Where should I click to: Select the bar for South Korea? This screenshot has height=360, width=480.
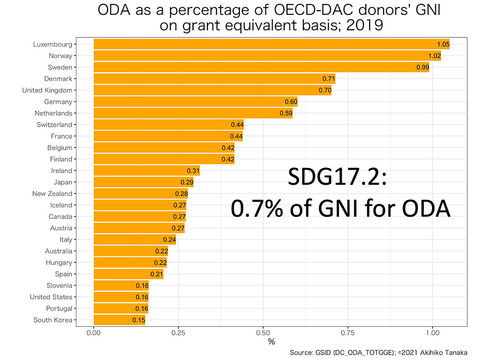119,320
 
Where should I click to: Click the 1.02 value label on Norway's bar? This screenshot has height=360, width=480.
435,56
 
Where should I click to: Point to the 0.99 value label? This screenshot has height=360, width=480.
423,67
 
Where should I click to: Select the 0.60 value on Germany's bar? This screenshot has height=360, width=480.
291,102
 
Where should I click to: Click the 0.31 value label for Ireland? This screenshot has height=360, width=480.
193,171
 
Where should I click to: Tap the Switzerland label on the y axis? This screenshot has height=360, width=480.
54,125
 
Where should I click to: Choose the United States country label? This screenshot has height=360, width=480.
51,297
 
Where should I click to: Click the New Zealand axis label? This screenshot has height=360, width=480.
52,194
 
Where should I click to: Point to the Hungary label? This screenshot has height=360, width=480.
59,263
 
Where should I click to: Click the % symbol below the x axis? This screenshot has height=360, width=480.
271,342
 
